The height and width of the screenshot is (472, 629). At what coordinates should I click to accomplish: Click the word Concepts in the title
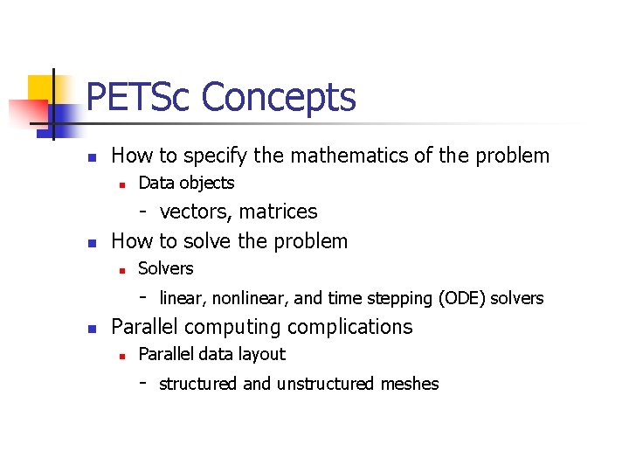(279, 99)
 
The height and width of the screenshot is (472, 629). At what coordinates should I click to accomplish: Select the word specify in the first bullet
(214, 157)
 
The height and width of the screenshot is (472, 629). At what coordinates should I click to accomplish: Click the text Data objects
(186, 183)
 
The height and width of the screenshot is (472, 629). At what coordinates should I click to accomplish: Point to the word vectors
(197, 212)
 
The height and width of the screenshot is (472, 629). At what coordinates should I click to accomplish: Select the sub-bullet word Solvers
(166, 268)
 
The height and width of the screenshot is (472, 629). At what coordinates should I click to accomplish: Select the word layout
(262, 355)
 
